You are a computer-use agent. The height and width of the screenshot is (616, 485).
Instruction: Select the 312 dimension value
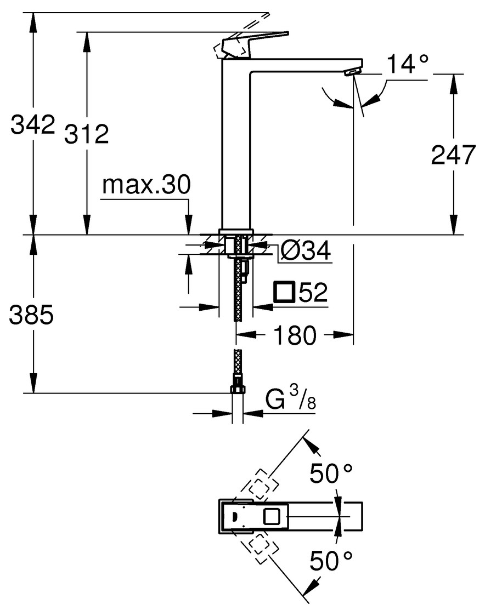86,134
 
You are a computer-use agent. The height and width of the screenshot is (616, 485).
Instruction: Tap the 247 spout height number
453,155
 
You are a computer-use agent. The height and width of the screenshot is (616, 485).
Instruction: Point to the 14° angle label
407,64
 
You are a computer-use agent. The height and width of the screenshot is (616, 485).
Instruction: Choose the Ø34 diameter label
305,252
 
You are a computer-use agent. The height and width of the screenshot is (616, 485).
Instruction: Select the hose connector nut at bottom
237,389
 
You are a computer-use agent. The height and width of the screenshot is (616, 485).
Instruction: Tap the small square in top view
272,516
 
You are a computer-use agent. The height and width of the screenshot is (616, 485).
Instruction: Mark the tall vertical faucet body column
235,148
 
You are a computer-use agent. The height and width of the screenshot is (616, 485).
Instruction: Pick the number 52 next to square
313,293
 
